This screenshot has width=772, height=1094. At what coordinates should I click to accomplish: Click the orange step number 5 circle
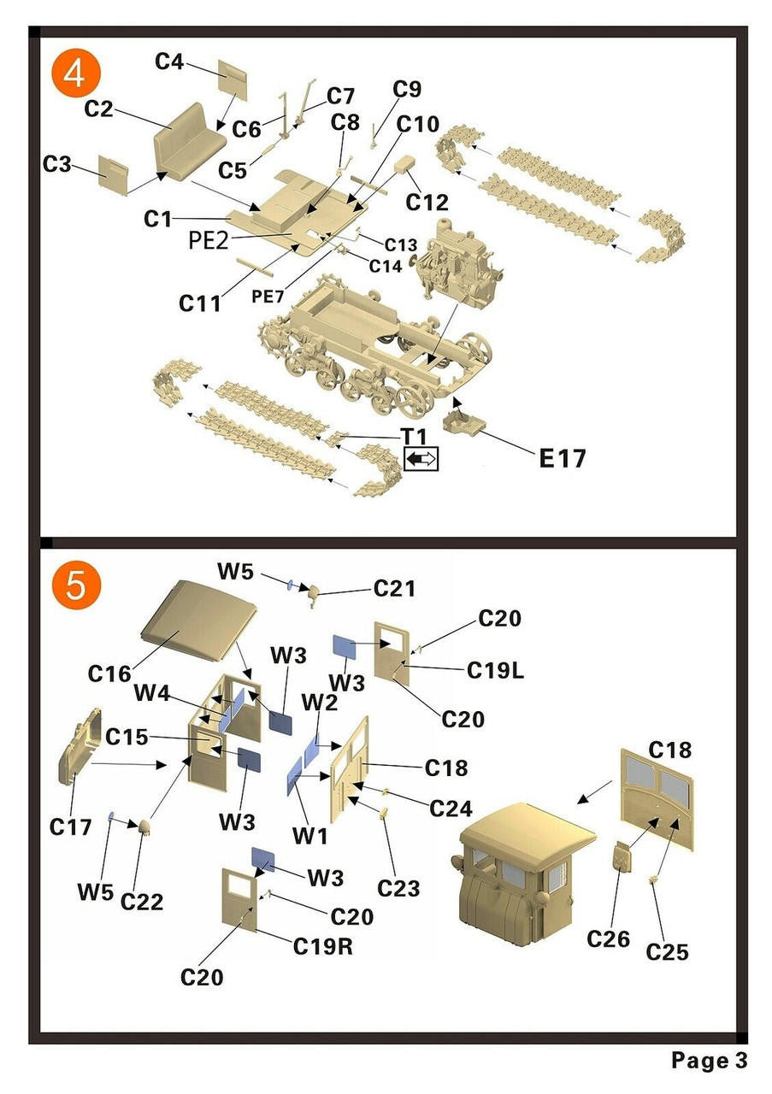[75, 585]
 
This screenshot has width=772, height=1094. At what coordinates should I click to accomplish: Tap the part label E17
[563, 458]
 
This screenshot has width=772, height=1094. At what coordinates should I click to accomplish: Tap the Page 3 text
[709, 1061]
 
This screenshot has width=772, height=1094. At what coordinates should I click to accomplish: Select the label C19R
[324, 946]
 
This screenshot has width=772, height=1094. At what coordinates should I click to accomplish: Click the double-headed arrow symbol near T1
[421, 459]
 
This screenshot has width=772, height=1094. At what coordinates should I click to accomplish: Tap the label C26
[608, 939]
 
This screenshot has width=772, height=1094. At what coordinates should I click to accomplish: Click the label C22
[142, 902]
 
